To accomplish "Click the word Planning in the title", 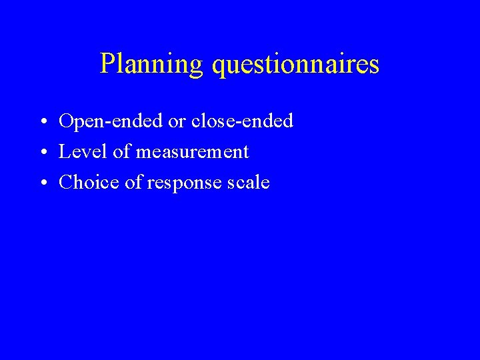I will (151, 65).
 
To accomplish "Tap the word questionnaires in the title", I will (295, 65).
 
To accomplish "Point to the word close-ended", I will (251, 121).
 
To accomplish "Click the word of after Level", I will (121, 152).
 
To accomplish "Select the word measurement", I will (192, 153).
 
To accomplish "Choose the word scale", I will (249, 183).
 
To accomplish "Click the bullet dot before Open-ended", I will (42, 123).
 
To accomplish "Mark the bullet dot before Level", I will (42, 153).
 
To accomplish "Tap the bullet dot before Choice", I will (42, 184).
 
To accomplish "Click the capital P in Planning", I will (107, 64).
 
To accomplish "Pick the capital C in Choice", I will (66, 183).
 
